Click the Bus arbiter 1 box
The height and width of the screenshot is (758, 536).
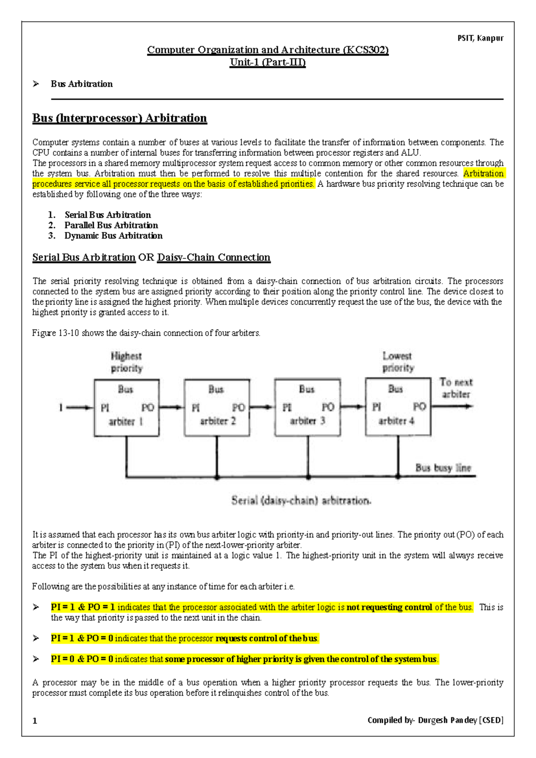126,408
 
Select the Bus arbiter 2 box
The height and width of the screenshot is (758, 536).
217,408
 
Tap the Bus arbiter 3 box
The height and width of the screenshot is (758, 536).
308,407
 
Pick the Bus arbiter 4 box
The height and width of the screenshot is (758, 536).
398,407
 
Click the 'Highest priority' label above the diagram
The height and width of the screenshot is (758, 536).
126,362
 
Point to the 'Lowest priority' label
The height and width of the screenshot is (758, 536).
398,362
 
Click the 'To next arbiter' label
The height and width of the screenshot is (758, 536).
456,388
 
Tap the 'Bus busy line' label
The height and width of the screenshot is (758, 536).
443,467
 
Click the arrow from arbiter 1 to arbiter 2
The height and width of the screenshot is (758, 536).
172,407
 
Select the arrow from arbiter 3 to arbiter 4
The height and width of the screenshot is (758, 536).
353,407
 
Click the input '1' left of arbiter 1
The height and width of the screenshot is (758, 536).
61,407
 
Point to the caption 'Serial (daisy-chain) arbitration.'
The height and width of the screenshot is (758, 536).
301,501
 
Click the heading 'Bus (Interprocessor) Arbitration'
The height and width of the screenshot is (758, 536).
119,118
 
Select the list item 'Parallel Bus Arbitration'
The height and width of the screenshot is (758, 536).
111,225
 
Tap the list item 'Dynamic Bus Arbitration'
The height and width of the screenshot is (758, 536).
113,236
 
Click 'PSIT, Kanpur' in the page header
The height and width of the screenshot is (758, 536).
480,38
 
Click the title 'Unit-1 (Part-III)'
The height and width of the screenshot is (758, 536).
268,62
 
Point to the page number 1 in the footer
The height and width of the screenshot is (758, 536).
35,720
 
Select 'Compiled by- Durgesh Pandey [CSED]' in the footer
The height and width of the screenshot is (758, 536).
435,720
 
